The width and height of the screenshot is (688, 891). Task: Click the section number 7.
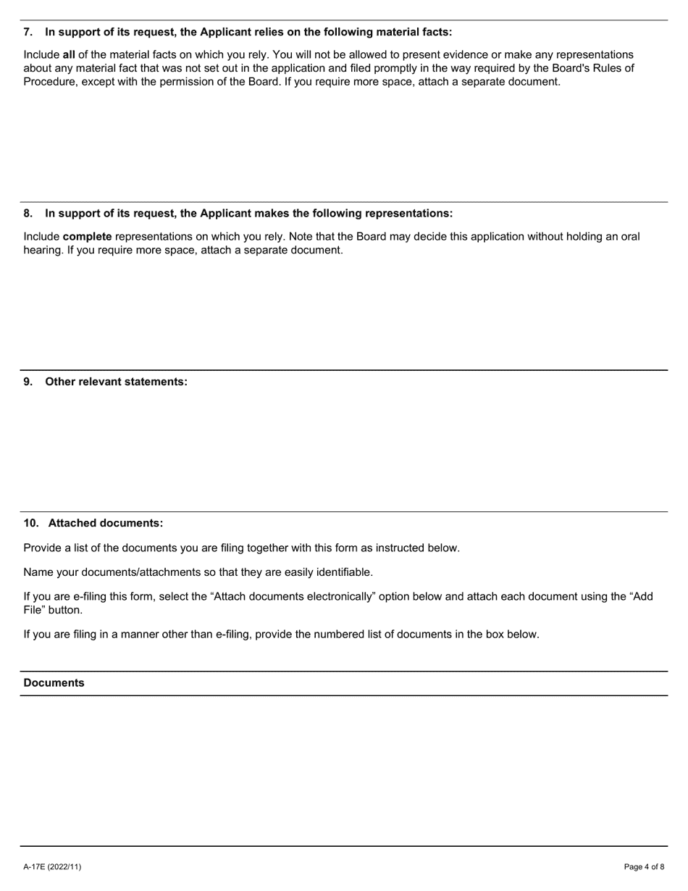coord(28,32)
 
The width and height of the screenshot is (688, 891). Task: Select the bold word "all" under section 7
coord(69,55)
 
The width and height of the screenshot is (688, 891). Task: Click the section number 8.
coord(28,214)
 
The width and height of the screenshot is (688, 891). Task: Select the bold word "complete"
coord(87,237)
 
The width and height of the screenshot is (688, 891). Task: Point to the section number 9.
coord(28,382)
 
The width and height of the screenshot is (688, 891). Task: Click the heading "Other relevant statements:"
coord(116,382)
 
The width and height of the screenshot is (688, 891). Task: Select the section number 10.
coord(31,523)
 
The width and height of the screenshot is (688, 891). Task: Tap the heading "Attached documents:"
coord(106,523)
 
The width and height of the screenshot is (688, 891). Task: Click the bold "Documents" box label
coord(54,683)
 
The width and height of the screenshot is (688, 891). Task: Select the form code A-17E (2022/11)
coord(52,867)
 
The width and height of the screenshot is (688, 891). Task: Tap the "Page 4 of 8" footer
coord(644,867)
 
